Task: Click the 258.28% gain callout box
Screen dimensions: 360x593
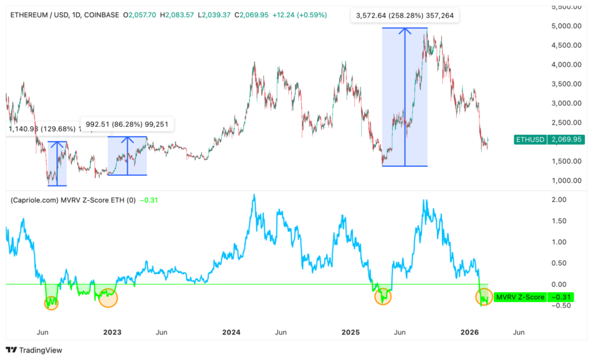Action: click(x=405, y=16)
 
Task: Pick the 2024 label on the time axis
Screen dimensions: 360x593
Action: click(x=231, y=332)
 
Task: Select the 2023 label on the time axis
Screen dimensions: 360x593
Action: click(x=112, y=332)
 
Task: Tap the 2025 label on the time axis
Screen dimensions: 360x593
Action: click(x=350, y=332)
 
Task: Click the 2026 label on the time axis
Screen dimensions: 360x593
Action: click(x=470, y=332)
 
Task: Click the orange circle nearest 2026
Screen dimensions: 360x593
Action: click(x=484, y=297)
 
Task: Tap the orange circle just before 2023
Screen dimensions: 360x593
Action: click(x=108, y=297)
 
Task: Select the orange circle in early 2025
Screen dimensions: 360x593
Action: click(x=383, y=297)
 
